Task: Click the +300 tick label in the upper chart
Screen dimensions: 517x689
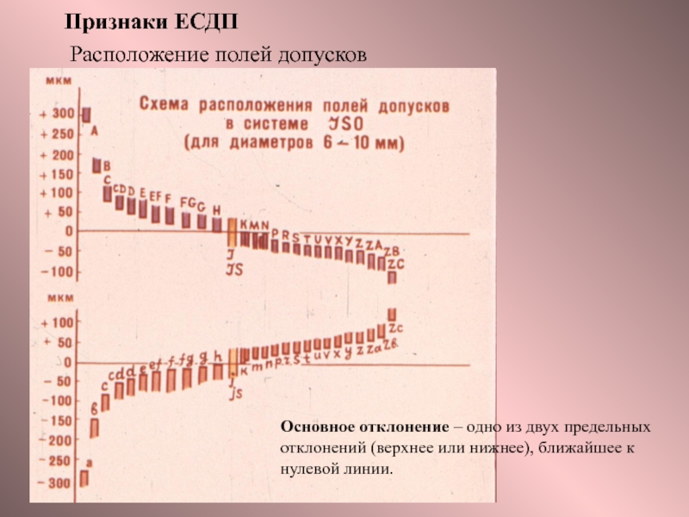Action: (x=57, y=114)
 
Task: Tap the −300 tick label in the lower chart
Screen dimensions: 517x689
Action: (x=53, y=483)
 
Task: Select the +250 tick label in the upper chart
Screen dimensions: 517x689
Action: (x=57, y=134)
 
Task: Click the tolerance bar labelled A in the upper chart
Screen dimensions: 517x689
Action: (x=86, y=115)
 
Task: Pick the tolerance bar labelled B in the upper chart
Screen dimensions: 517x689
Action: (x=97, y=165)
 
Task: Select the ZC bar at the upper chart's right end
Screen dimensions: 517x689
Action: (x=392, y=277)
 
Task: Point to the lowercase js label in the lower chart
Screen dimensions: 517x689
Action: (x=235, y=392)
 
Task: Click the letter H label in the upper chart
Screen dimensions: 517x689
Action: (x=216, y=209)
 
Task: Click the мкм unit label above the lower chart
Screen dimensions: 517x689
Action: (x=59, y=301)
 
